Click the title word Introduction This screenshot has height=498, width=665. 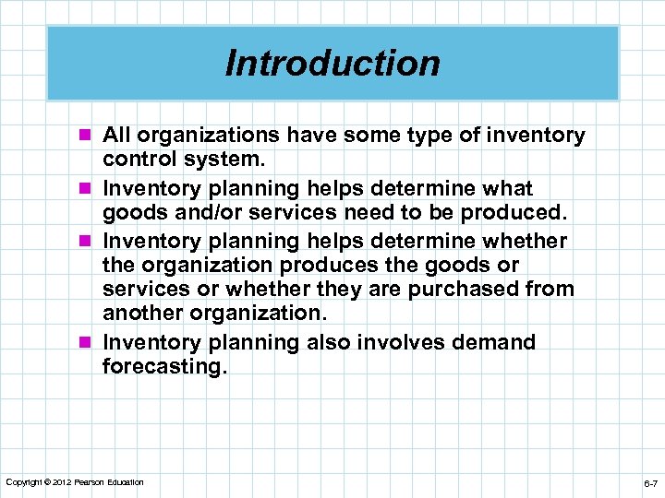332,64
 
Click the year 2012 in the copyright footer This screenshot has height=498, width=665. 63,482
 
